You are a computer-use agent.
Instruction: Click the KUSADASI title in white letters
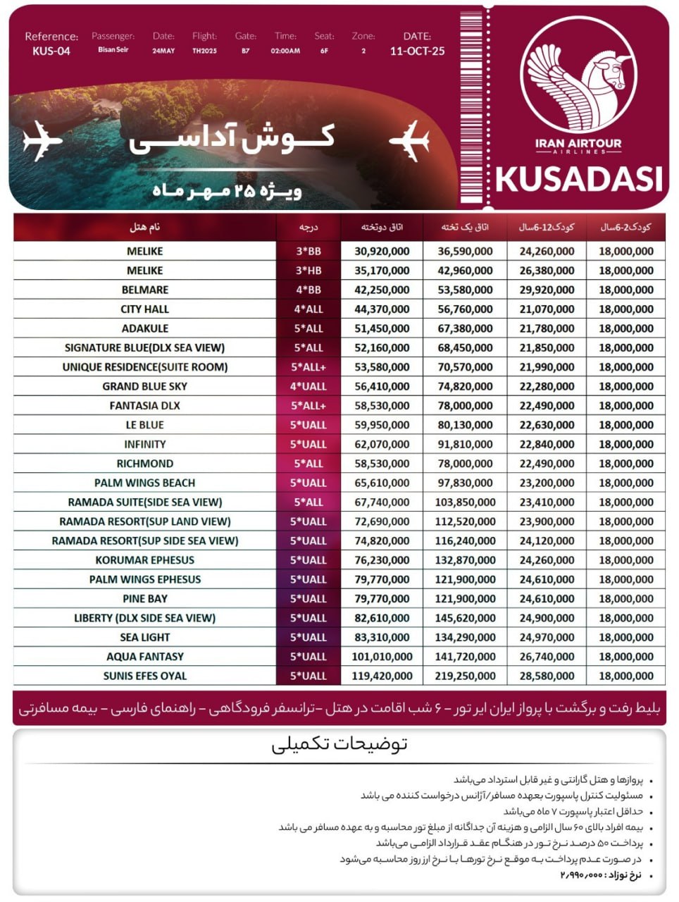coord(579,179)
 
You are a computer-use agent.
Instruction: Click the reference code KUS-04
coord(51,51)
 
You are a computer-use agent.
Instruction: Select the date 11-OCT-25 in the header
coord(417,51)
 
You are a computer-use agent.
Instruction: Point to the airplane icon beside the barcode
coord(409,140)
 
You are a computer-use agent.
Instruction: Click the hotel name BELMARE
coord(145,290)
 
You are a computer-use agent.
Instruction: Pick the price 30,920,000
coord(382,251)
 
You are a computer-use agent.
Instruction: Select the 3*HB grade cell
coord(309,271)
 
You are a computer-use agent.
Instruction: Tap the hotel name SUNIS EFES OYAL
coord(145,676)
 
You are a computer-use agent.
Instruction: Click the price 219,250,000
coord(465,676)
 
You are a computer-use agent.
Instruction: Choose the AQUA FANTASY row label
coord(145,657)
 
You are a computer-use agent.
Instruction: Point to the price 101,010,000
coord(382,657)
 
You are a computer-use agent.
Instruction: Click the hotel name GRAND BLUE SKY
coord(145,386)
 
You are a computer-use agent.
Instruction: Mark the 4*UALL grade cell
coord(309,386)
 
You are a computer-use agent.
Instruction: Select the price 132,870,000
coord(465,560)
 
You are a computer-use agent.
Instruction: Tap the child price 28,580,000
coord(547,676)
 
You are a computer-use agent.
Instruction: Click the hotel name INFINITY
coord(145,444)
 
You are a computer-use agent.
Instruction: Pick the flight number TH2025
coord(204,51)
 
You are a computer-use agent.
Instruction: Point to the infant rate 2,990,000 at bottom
coord(582,875)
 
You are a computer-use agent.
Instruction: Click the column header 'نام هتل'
coord(145,227)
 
